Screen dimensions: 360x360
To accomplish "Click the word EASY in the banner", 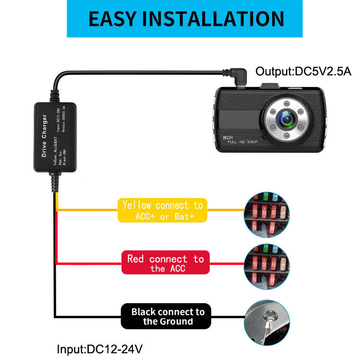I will tap(113, 19).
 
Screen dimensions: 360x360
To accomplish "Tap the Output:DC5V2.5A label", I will tap(303, 72).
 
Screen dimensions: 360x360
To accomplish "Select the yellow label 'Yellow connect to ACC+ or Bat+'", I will tap(163, 211).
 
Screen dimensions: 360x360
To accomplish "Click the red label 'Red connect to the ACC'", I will tap(166, 263).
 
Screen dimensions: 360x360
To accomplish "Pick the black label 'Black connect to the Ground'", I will tap(168, 317).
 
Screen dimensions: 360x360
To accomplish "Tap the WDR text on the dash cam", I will tap(228, 138).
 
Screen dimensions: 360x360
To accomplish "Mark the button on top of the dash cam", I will tap(271, 87).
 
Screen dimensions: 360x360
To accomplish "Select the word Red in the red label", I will tap(136, 259).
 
